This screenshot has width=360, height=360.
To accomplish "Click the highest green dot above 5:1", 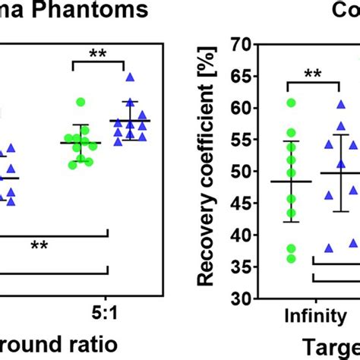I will tap(81, 102).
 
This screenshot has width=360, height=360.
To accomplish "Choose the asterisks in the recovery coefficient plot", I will tap(312, 74).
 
